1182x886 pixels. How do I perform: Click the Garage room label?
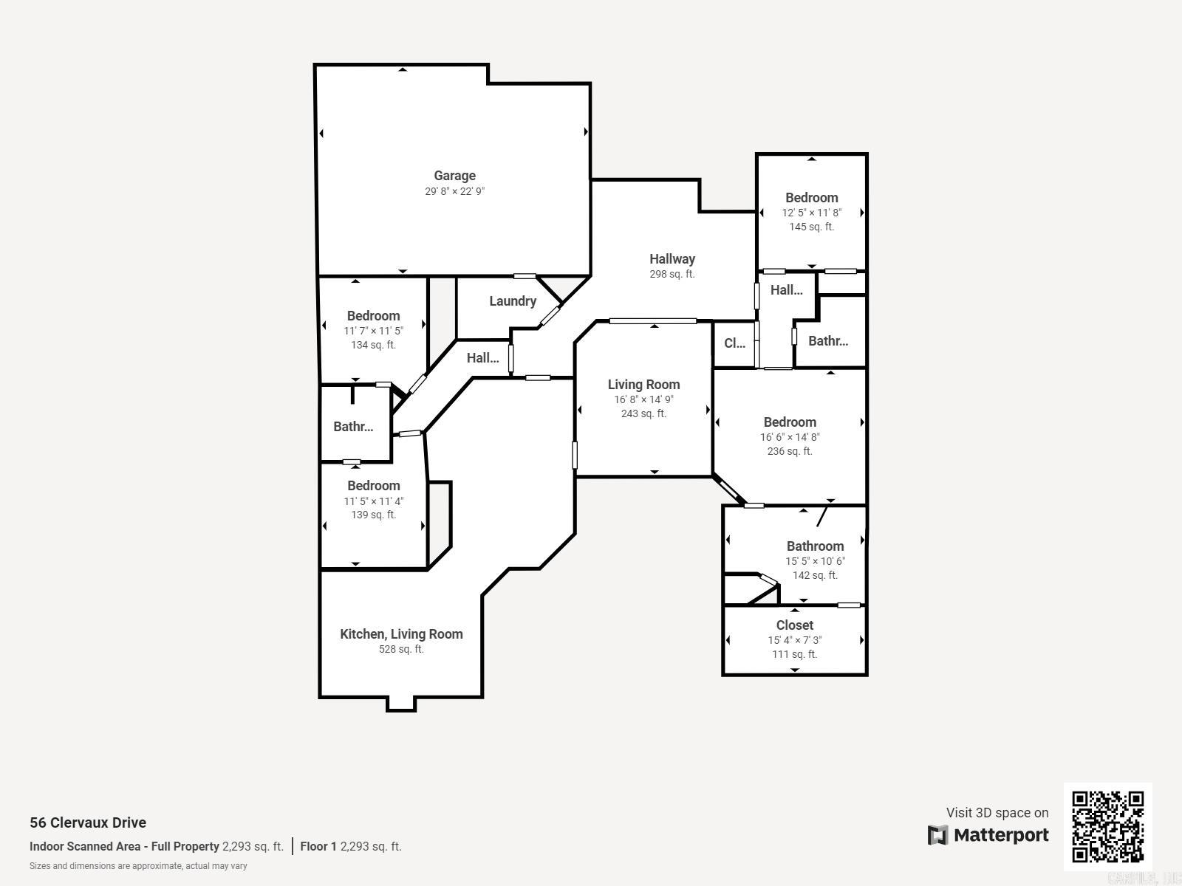click(x=454, y=176)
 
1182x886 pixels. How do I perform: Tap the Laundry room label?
click(x=513, y=301)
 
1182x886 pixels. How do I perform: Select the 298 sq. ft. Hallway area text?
click(x=672, y=274)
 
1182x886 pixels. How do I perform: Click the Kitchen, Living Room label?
click(x=401, y=634)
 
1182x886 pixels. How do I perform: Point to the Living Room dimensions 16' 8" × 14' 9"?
click(x=643, y=399)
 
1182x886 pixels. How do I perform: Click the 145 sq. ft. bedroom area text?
click(x=811, y=227)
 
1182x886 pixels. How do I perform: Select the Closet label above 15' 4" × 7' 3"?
click(x=794, y=625)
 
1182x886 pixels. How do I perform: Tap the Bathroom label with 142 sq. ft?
click(x=815, y=546)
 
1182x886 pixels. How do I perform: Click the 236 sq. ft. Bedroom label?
click(x=790, y=422)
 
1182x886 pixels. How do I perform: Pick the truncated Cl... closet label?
click(x=734, y=343)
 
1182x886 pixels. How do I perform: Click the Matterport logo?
click(x=988, y=835)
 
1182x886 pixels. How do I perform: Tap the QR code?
click(x=1107, y=826)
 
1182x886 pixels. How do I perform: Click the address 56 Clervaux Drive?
click(x=88, y=823)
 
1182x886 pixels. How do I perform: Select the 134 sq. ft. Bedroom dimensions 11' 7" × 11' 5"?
click(x=373, y=331)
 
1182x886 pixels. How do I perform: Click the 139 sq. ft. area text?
click(x=373, y=515)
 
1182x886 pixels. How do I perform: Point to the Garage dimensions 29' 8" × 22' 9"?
click(x=454, y=191)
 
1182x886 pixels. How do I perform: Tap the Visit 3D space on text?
click(x=997, y=813)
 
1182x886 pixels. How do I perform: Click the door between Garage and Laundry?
click(x=525, y=276)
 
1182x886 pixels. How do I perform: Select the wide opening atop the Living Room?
click(x=652, y=321)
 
